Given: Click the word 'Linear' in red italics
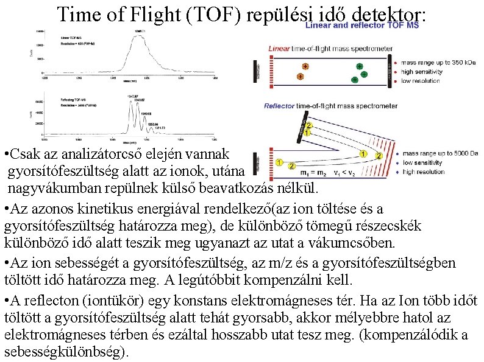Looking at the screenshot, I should pyautogui.click(x=279, y=49).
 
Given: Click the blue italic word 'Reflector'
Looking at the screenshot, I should pyautogui.click(x=280, y=106).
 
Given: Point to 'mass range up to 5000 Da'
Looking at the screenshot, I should pyautogui.click(x=441, y=154).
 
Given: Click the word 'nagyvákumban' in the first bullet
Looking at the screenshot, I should pyautogui.click(x=46, y=186).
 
